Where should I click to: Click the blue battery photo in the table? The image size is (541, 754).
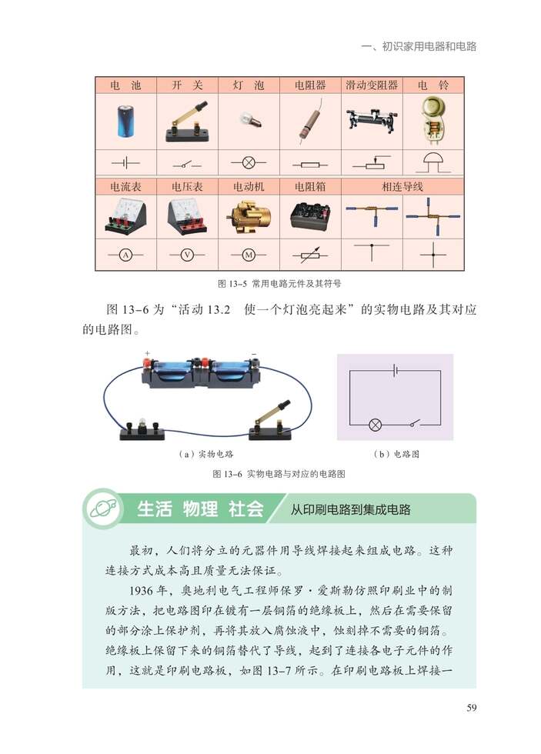[125, 122]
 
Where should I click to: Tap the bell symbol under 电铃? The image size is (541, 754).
[432, 162]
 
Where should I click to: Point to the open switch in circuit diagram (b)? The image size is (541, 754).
[415, 423]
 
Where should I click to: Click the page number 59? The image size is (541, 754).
[471, 709]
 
